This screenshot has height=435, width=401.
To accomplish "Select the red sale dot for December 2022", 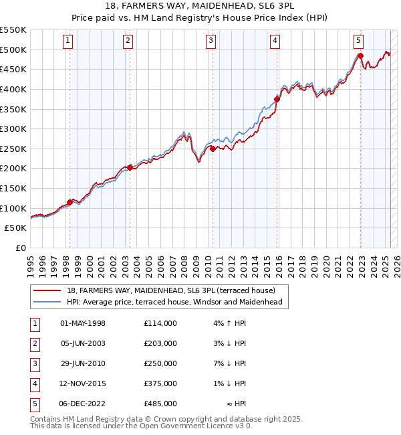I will (x=360, y=56).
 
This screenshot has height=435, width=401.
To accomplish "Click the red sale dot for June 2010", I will (x=213, y=149).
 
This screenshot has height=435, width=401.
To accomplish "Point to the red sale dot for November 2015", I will (x=277, y=99).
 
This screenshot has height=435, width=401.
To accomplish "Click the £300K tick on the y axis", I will (x=13, y=128).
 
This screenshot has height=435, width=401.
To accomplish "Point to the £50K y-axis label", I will (x=16, y=228).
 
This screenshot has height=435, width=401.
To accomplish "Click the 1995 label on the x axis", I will (x=31, y=262).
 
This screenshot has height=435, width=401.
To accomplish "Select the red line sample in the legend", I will (x=47, y=290).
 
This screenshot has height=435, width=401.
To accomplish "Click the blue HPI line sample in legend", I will (x=47, y=302).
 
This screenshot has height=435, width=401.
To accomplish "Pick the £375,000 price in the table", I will (x=160, y=384).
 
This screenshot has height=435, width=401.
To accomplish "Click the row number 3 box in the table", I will (x=34, y=363).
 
